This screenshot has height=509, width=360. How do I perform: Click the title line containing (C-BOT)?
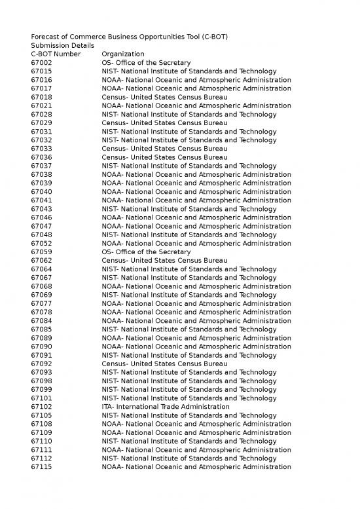point(129,37)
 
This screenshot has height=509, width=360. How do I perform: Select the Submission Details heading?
point(62,45)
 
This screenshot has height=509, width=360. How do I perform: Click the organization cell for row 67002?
point(146,62)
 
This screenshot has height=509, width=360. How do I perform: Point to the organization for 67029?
point(164,123)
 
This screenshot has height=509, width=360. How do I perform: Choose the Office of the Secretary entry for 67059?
point(146,252)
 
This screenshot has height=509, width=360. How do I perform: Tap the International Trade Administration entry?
point(166,406)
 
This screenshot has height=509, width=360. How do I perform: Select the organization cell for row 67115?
point(196,466)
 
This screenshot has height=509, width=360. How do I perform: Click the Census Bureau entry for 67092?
point(164,363)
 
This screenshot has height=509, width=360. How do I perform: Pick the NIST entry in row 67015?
point(189,71)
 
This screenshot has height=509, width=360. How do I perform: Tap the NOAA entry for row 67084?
point(196,320)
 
